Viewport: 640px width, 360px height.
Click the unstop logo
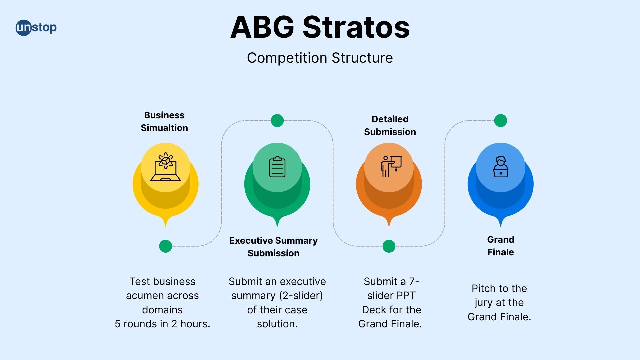36,27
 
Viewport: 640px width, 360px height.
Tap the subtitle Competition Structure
320,58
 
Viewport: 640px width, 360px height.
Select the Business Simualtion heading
164,121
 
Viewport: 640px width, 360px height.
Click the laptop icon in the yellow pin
165,167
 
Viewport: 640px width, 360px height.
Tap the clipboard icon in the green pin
277,167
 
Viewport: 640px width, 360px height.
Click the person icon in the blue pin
501,167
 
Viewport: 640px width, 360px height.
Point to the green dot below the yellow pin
165,246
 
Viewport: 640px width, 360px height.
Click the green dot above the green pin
277,120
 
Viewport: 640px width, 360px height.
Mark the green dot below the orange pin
389,246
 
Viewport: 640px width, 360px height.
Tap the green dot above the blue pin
500,120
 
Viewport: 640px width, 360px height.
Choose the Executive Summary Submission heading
273,247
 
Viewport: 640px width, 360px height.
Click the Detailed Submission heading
390,125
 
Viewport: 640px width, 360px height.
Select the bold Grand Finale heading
501,246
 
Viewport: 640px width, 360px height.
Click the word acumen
144,296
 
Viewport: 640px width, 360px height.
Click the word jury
484,303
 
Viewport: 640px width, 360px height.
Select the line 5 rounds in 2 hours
162,324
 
